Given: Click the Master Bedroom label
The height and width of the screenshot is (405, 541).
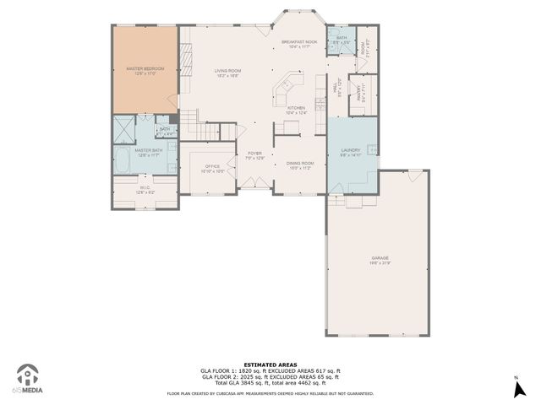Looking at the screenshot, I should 145,69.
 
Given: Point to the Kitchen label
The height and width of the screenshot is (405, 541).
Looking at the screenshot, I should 296,109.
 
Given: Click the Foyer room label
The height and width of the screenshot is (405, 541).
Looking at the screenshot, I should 254,154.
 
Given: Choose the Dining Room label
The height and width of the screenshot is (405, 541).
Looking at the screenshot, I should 299,165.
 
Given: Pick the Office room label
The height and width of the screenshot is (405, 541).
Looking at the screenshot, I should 212,168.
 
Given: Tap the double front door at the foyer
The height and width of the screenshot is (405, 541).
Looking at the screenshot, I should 250,184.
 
